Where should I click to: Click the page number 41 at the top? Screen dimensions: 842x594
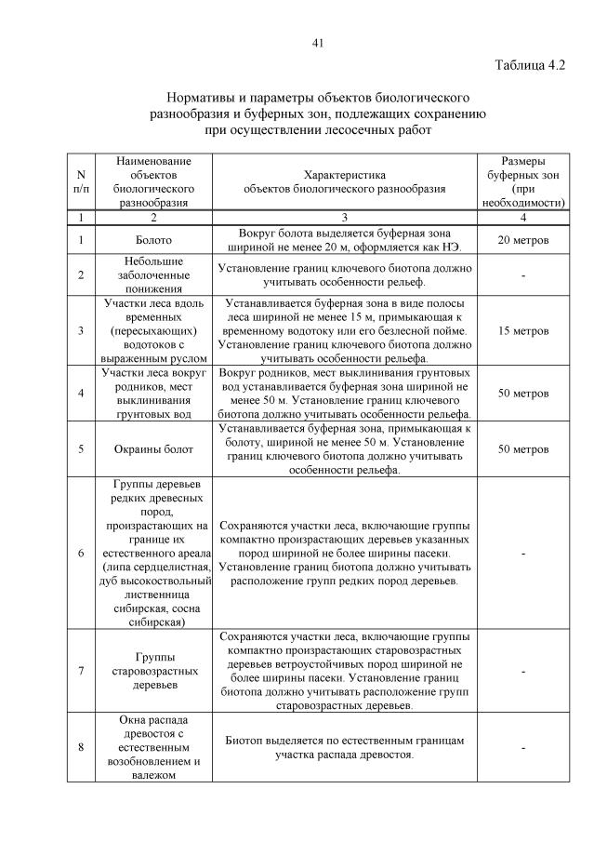(x=317, y=42)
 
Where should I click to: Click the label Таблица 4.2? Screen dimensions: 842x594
(x=530, y=64)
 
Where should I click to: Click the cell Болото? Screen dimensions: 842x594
(x=153, y=241)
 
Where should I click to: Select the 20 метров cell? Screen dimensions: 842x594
(x=523, y=241)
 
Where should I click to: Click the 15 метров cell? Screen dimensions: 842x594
(x=523, y=330)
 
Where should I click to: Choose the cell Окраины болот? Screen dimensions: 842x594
(x=153, y=449)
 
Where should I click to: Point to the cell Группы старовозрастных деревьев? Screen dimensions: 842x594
(x=153, y=671)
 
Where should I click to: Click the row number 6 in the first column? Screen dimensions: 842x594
(x=81, y=554)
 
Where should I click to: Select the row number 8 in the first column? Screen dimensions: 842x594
(x=81, y=747)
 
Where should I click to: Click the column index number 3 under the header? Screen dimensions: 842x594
(x=344, y=217)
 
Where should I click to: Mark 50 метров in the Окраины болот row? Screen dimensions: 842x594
(x=523, y=449)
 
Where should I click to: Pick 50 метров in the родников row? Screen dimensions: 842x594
(x=523, y=394)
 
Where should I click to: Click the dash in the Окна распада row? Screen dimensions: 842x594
(x=523, y=747)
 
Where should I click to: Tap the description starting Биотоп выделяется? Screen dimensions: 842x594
(x=344, y=747)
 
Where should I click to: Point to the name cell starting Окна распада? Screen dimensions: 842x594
(x=153, y=747)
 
